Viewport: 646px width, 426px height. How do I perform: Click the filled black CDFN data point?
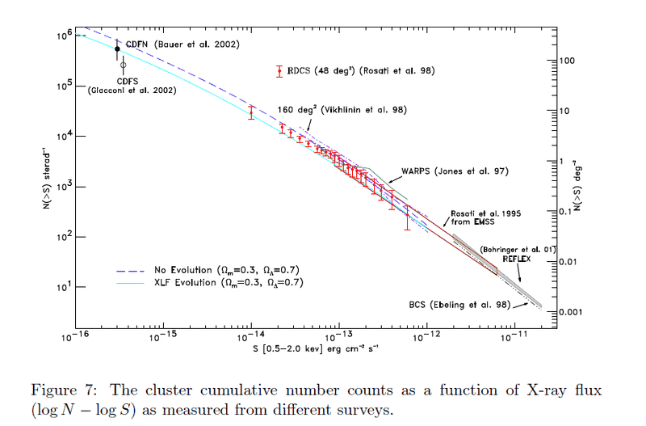(117, 49)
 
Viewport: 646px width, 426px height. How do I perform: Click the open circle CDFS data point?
(124, 65)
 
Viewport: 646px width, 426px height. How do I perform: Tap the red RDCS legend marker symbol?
(279, 71)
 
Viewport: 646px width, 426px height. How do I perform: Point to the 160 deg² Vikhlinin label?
(342, 109)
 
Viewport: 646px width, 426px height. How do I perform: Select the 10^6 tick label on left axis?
(65, 36)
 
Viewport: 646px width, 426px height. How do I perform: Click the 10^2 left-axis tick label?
(65, 236)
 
